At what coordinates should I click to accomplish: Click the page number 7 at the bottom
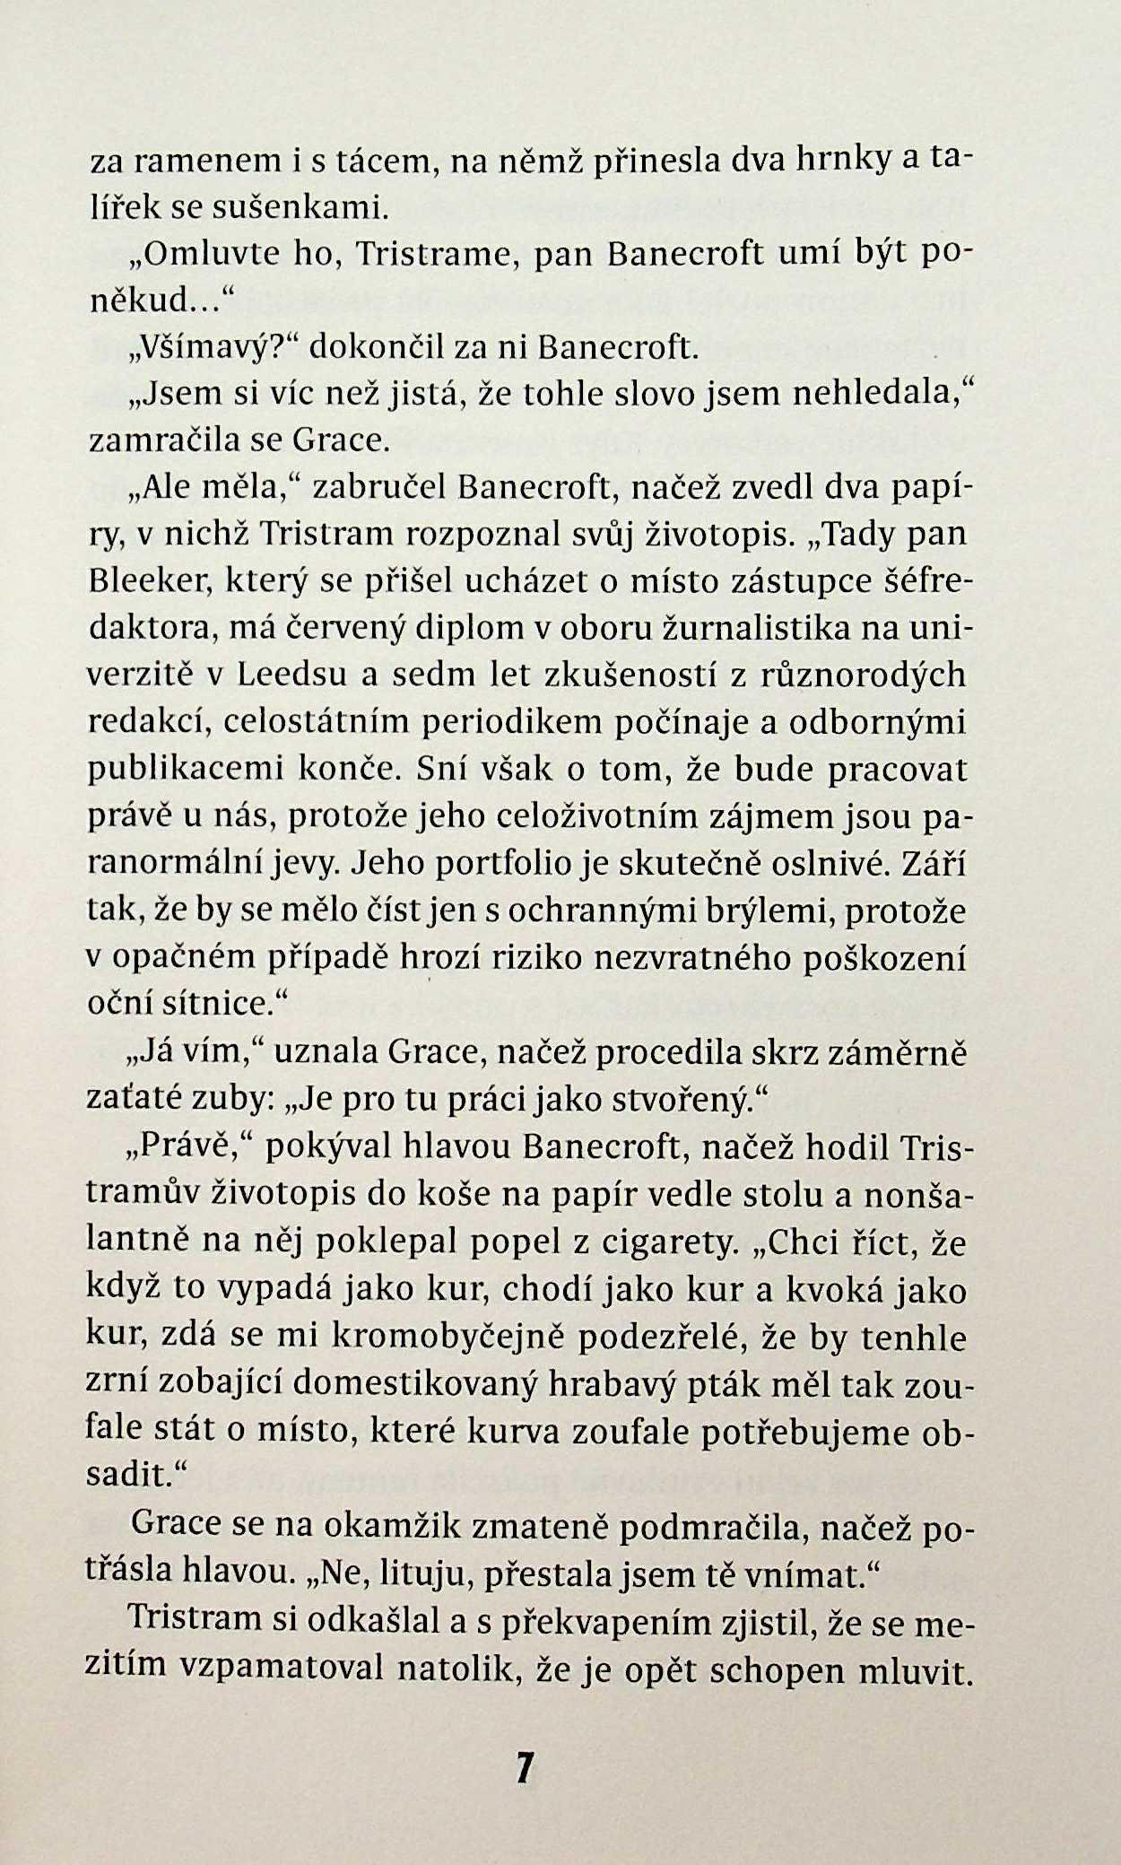pos(525,1766)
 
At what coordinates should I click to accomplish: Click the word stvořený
pos(691,1098)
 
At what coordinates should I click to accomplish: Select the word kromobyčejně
pos(449,1338)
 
